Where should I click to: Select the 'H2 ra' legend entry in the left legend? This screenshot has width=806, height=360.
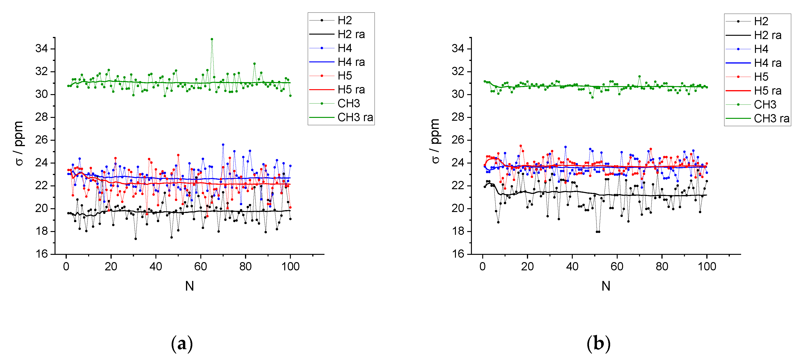[x=351, y=34]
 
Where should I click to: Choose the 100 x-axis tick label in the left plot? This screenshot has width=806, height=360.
[x=290, y=267]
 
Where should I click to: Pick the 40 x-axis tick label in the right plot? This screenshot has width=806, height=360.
[x=572, y=267]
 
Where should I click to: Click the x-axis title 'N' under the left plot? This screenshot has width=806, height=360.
[x=189, y=286]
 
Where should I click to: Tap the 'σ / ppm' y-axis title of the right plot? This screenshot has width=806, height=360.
[x=435, y=141]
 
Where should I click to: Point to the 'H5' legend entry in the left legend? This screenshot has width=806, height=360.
[x=344, y=76]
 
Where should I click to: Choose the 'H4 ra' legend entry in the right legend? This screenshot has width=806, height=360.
[x=767, y=63]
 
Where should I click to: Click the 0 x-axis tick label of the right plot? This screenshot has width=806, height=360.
[x=482, y=267]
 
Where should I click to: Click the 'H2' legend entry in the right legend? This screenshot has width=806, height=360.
[x=761, y=21]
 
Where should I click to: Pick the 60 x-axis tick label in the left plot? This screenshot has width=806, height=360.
[x=201, y=267]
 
